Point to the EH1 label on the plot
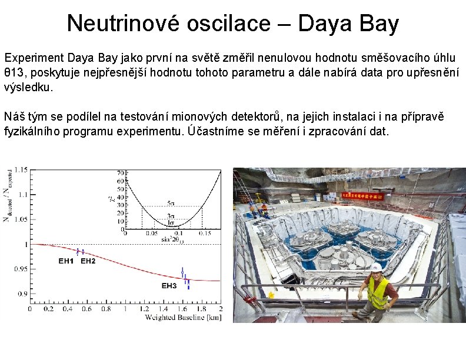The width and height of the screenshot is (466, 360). pos(66,261)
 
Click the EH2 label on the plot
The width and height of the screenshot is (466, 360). pos(88,261)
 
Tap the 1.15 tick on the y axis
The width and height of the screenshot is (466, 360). pos(21,169)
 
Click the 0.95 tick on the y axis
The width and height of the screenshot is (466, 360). pos(21,269)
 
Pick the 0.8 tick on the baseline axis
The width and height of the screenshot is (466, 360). pos(106,309)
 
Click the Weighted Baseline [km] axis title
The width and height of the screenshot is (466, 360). pos(183,318)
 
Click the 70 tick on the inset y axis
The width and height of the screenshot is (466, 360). pos(120,173)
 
